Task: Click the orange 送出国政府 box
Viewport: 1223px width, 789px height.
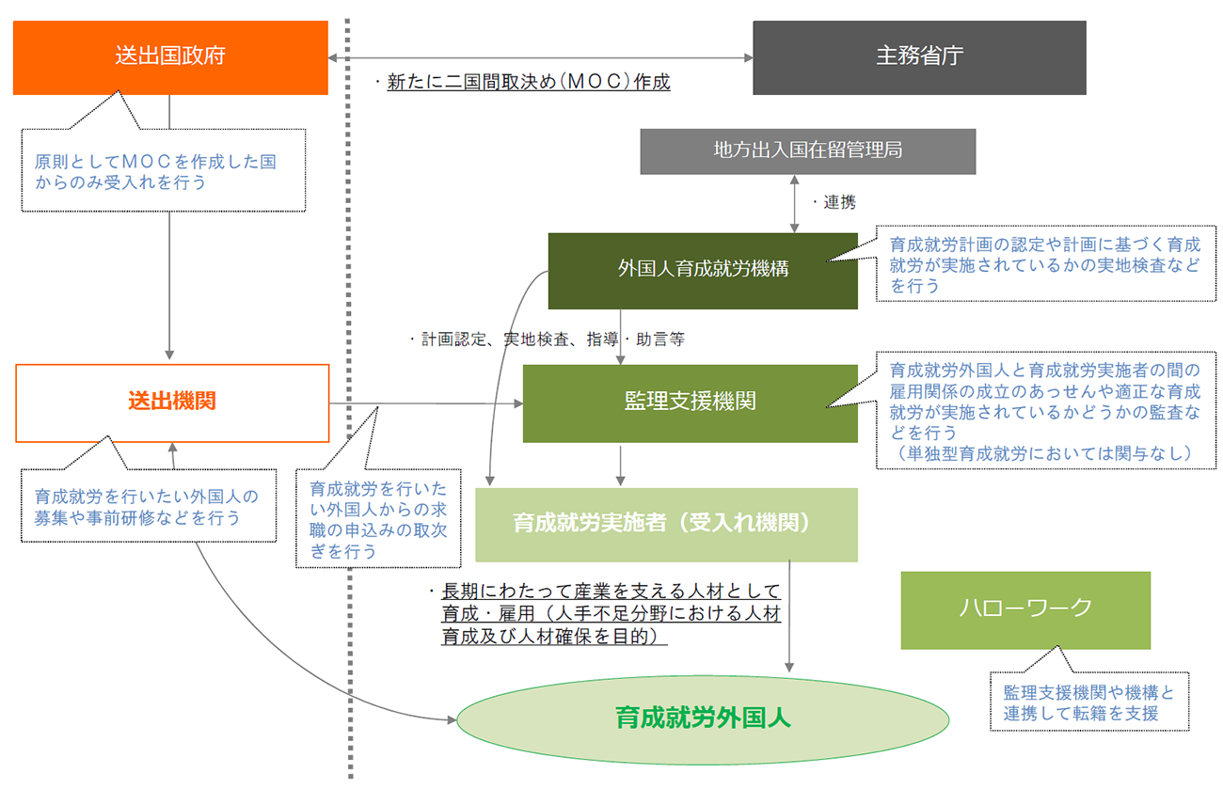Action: (x=170, y=57)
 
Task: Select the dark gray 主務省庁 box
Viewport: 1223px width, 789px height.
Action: (x=919, y=57)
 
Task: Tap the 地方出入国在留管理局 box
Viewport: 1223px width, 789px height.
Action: (x=807, y=151)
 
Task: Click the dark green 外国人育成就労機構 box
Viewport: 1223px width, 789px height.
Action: (x=703, y=271)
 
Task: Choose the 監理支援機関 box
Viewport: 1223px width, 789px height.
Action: (x=691, y=403)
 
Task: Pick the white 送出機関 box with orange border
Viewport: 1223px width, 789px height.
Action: (x=172, y=403)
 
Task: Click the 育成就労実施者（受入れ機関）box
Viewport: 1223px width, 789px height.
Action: (x=666, y=525)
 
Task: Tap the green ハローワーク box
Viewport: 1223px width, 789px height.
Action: (x=1025, y=610)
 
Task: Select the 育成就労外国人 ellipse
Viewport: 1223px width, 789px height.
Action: (x=703, y=719)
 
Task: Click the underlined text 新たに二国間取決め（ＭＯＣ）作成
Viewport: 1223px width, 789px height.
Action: (x=529, y=82)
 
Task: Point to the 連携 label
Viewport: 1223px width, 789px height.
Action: (x=839, y=202)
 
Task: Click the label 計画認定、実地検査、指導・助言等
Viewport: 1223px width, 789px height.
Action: (x=552, y=339)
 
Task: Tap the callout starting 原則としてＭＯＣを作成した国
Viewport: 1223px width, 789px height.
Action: (x=164, y=170)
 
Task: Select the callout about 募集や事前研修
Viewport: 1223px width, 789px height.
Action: (x=149, y=505)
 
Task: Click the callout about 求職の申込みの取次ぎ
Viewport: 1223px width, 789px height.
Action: (x=378, y=518)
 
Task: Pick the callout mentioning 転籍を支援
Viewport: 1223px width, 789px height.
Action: (x=1089, y=702)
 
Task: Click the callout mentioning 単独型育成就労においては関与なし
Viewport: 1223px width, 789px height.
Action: (x=1045, y=410)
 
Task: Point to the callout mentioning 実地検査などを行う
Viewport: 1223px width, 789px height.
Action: (x=1045, y=263)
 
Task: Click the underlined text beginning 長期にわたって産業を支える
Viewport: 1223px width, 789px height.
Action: (x=611, y=613)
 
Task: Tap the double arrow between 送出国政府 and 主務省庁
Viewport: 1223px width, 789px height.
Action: (x=541, y=57)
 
